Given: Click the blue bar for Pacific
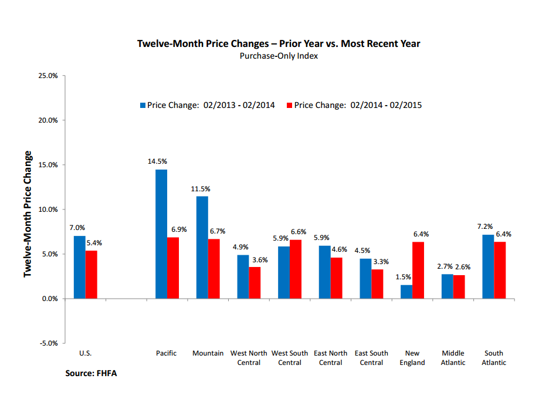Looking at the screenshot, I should pos(161,234).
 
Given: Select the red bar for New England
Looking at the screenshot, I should pos(418,270).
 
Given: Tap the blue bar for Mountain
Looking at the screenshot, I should pos(202,247).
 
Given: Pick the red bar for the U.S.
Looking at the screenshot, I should pos(91,275).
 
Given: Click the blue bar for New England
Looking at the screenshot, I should pos(406,292).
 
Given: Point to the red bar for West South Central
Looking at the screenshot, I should pos(296,269).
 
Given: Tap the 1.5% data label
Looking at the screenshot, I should pos(403,276).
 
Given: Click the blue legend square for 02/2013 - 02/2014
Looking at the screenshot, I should pos(143,106).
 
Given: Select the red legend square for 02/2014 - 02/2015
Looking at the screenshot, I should pos(289,106).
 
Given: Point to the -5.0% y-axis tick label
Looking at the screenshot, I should pos(48,343).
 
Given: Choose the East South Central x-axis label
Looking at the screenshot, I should pos(371,358).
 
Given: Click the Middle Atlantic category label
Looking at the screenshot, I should pos(453,358).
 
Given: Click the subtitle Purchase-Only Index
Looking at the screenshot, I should pos(279,56).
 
